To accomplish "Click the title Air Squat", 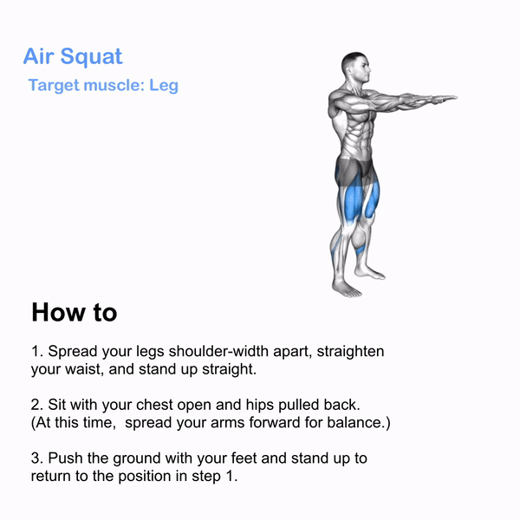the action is (73, 57).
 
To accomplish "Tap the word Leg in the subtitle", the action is (164, 86).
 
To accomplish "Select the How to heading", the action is (75, 312).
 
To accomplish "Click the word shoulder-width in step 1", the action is (219, 351).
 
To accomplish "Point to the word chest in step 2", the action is (154, 405).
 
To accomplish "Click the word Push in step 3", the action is (65, 458).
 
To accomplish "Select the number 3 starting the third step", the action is (36, 458).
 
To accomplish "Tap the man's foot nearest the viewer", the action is (347, 289).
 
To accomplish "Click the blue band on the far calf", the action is (360, 250).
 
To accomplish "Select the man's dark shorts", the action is (354, 170).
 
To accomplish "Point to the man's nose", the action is (368, 69).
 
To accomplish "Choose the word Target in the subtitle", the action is (54, 86).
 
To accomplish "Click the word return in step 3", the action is (51, 476).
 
